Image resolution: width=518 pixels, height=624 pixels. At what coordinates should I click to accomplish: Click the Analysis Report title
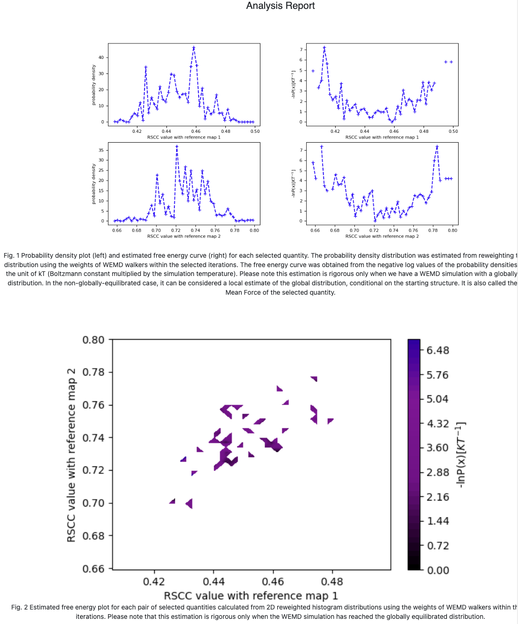280,6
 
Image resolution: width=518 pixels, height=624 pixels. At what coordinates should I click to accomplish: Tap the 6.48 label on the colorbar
438,350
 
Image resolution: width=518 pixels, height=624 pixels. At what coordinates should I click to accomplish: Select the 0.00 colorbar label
438,570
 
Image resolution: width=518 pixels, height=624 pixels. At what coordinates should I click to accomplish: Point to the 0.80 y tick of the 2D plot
94,340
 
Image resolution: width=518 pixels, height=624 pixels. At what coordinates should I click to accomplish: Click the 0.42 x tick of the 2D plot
154,581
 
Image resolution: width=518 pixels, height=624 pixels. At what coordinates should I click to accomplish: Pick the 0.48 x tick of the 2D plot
332,581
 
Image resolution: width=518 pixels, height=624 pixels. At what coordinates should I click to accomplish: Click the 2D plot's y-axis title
72,455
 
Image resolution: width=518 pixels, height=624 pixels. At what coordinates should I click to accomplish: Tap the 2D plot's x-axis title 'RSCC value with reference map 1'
251,595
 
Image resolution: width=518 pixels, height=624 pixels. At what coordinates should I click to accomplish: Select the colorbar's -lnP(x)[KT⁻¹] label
461,455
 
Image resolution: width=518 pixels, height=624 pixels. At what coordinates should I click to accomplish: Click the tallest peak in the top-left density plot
194,48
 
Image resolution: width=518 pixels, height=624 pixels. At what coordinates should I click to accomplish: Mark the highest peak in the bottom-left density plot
177,146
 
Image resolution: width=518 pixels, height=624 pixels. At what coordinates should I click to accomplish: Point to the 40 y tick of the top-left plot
101,58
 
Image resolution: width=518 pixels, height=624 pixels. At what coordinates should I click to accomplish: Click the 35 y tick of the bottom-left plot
101,150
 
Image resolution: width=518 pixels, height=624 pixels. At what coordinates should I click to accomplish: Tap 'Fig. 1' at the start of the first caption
11,255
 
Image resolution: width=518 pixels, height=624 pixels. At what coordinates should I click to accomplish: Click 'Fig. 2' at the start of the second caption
19,607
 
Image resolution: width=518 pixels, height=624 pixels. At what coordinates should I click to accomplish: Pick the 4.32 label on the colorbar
438,423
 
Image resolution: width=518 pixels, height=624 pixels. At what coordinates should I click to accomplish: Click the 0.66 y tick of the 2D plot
94,569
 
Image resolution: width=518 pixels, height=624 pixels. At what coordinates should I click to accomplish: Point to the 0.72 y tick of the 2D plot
94,470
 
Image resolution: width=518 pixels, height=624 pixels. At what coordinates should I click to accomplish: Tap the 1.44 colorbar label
438,521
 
